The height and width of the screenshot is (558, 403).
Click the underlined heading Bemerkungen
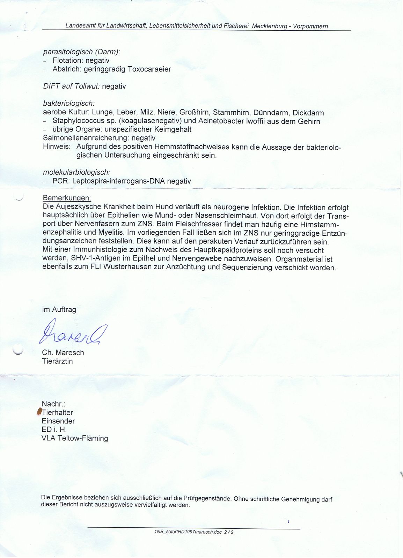pos(67,198)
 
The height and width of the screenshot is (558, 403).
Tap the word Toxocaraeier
pos(149,69)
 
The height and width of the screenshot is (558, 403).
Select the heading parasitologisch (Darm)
pos(81,52)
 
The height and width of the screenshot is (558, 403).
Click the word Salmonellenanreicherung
pos(86,138)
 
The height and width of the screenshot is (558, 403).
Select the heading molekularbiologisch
pos(76,172)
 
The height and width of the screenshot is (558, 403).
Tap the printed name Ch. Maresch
pos(63,353)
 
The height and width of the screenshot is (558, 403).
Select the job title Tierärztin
pos(57,361)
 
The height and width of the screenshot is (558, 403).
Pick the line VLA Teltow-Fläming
pos(75,438)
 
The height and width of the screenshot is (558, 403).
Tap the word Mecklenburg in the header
pos(270,26)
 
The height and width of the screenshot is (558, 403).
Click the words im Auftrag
pos(59,309)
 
